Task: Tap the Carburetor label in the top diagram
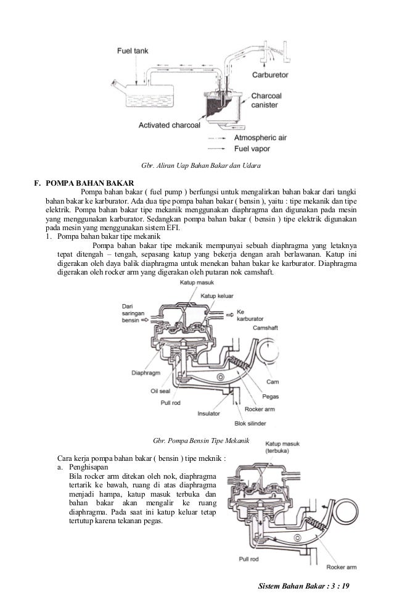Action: tap(273, 75)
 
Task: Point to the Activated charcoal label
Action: tap(168, 124)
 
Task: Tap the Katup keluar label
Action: tap(217, 296)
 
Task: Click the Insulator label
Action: tap(210, 413)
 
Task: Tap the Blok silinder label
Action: tap(253, 424)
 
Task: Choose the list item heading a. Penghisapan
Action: tap(86, 468)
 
